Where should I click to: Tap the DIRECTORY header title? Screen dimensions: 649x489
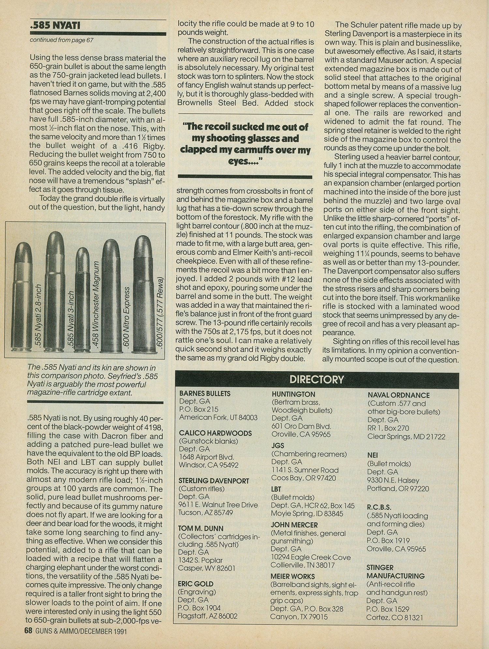317,379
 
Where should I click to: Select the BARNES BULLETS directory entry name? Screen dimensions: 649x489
205,393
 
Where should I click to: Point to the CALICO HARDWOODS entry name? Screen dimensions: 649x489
215,433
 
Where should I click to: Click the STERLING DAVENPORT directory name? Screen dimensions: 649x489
214,481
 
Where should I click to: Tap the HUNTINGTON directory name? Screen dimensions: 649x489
293,394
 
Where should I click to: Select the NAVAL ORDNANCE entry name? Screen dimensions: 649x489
399,395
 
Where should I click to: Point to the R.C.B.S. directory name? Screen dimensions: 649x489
379,508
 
